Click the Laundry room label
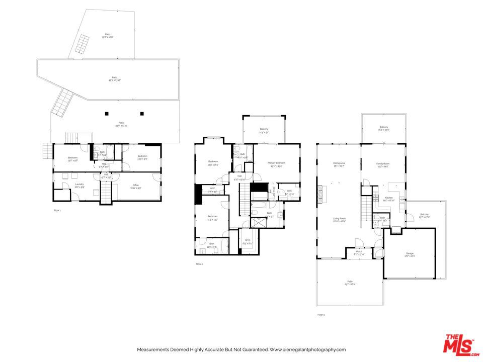click(x=79, y=185)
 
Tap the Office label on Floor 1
click(x=135, y=186)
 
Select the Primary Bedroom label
click(x=276, y=163)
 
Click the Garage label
click(x=410, y=254)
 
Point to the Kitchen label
click(x=389, y=199)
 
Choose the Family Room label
click(x=383, y=164)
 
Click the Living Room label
click(x=339, y=220)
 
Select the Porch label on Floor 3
click(x=359, y=252)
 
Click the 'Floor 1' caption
click(x=57, y=210)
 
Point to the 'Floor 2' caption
click(x=199, y=264)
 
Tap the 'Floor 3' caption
click(x=321, y=315)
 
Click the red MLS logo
click(x=459, y=344)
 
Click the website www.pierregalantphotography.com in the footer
click(x=307, y=349)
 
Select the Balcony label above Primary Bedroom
click(x=264, y=130)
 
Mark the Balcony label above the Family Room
click(x=384, y=128)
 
